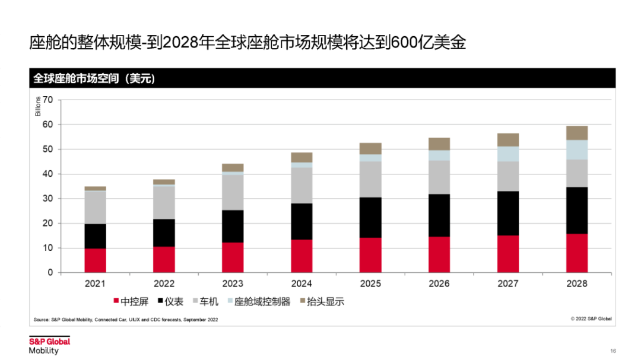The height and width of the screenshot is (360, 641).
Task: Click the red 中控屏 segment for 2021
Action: pyautogui.click(x=95, y=260)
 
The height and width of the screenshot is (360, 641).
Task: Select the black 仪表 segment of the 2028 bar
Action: pyautogui.click(x=577, y=211)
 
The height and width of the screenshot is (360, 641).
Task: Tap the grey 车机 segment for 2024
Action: pyautogui.click(x=302, y=185)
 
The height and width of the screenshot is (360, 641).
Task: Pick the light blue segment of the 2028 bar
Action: pyautogui.click(x=577, y=149)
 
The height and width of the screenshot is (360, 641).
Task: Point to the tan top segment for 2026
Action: pyautogui.click(x=439, y=144)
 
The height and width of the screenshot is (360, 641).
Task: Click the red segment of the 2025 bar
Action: pyautogui.click(x=370, y=255)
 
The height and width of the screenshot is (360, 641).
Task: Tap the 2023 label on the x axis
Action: pyautogui.click(x=233, y=283)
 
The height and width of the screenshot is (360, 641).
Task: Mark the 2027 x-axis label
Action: pyautogui.click(x=508, y=283)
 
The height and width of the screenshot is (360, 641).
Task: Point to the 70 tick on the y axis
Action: pyautogui.click(x=48, y=100)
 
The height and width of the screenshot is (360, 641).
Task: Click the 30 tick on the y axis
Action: pyautogui.click(x=48, y=199)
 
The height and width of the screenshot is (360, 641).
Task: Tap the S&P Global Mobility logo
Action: pyautogui.click(x=49, y=346)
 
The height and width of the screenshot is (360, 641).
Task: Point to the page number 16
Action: pyautogui.click(x=613, y=350)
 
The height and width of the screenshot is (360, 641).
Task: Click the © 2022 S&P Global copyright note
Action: pyautogui.click(x=591, y=319)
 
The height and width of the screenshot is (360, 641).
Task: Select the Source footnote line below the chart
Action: pyautogui.click(x=126, y=320)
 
